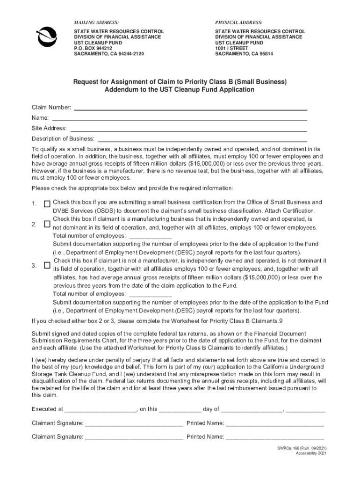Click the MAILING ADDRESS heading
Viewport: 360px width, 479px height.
point(96,22)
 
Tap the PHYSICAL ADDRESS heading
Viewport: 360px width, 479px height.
point(238,22)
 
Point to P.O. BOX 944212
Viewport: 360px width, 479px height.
point(93,48)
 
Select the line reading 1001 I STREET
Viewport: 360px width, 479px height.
point(232,48)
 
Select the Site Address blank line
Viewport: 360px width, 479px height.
point(188,128)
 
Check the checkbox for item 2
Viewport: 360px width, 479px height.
point(47,225)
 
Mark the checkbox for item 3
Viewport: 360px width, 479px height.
point(47,265)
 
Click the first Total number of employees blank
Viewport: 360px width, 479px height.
point(150,236)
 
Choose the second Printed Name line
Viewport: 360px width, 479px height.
point(275,437)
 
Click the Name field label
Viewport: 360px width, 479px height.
point(40,118)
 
